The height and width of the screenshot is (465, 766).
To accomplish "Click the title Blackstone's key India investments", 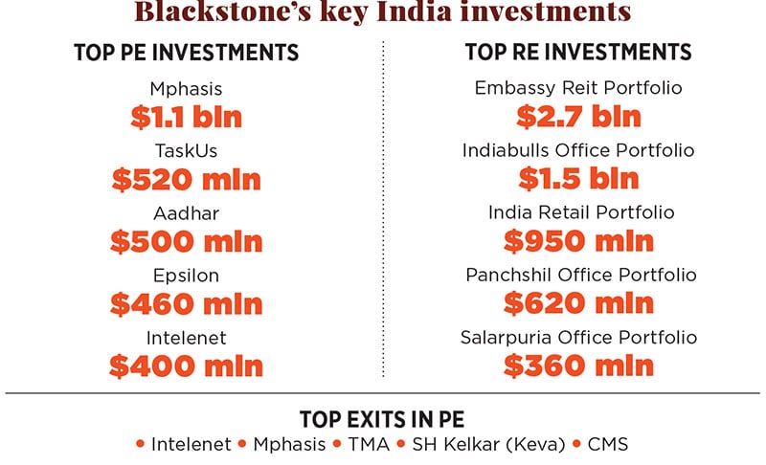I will (382, 12).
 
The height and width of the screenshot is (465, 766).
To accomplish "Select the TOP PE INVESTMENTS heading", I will (186, 53).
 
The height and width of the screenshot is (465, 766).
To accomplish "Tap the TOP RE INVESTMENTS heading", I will (578, 53).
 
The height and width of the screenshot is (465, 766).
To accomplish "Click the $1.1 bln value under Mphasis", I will (186, 117).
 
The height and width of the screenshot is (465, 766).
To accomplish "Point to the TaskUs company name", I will (186, 150).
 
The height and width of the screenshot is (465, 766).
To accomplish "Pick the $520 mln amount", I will (186, 179).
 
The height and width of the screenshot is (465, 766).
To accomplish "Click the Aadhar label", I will (186, 213).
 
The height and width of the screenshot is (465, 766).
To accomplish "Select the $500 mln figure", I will (186, 241).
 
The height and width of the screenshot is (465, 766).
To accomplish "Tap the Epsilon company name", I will (186, 276).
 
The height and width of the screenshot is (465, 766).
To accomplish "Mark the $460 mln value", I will (186, 303).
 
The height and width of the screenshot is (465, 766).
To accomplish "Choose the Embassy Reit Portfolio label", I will (578, 88).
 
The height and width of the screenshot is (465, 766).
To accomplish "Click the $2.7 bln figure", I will (578, 117).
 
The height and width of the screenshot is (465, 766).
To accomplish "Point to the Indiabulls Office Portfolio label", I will (578, 150).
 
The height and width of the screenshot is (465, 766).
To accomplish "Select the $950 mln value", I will (578, 241).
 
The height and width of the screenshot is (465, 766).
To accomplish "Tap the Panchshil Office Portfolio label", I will (578, 276).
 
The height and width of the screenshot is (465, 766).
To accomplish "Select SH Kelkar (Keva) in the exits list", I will (486, 444).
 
